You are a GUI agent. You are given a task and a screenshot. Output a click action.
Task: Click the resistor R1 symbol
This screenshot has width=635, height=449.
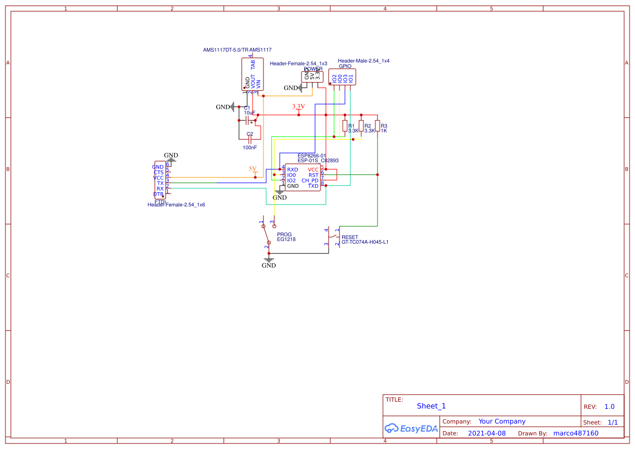tap(344, 126)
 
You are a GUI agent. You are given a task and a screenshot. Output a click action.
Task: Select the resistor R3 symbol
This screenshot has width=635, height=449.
tap(377, 126)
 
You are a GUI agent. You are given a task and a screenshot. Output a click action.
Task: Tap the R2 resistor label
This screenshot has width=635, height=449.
tap(368, 125)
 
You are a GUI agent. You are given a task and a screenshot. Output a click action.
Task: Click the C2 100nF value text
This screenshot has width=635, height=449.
tap(250, 147)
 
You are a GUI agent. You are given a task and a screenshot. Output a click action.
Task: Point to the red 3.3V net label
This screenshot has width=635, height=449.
tap(298, 106)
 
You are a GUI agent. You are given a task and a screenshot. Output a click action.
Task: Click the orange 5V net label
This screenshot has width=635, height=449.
tap(253, 169)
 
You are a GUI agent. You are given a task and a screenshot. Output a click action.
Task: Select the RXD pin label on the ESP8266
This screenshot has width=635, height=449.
tap(292, 170)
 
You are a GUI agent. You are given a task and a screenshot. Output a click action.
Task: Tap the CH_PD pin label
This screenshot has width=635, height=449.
tap(310, 180)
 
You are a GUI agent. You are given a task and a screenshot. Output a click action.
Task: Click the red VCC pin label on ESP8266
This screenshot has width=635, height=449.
tap(313, 170)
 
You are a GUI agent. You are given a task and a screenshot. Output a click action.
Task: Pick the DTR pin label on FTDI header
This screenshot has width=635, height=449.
tap(158, 194)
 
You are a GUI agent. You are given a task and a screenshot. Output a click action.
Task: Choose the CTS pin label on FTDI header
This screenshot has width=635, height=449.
tap(159, 172)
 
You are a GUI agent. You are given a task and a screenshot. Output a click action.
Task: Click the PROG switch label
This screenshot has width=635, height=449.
tap(284, 234)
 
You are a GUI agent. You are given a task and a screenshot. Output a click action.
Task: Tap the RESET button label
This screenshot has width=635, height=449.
tap(350, 237)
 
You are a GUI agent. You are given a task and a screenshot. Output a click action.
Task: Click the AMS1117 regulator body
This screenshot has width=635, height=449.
tap(253, 74)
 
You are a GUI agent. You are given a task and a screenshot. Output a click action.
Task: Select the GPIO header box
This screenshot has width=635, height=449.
tap(342, 77)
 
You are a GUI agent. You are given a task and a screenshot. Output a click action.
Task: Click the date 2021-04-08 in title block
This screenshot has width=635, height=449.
tap(486, 433)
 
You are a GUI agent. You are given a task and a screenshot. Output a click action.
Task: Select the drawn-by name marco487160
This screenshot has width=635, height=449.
tap(576, 433)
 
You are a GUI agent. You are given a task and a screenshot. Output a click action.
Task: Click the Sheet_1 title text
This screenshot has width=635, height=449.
tap(431, 406)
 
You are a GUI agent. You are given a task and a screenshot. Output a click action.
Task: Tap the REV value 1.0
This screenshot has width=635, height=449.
tap(609, 407)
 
